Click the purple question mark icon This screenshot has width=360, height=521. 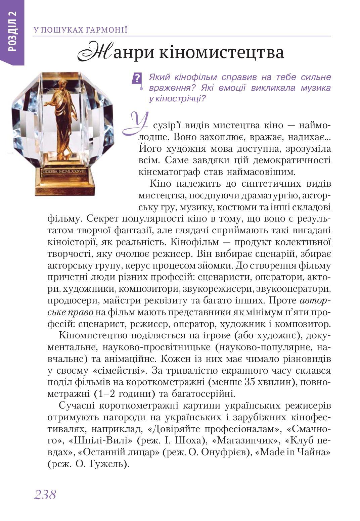click(x=137, y=79)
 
